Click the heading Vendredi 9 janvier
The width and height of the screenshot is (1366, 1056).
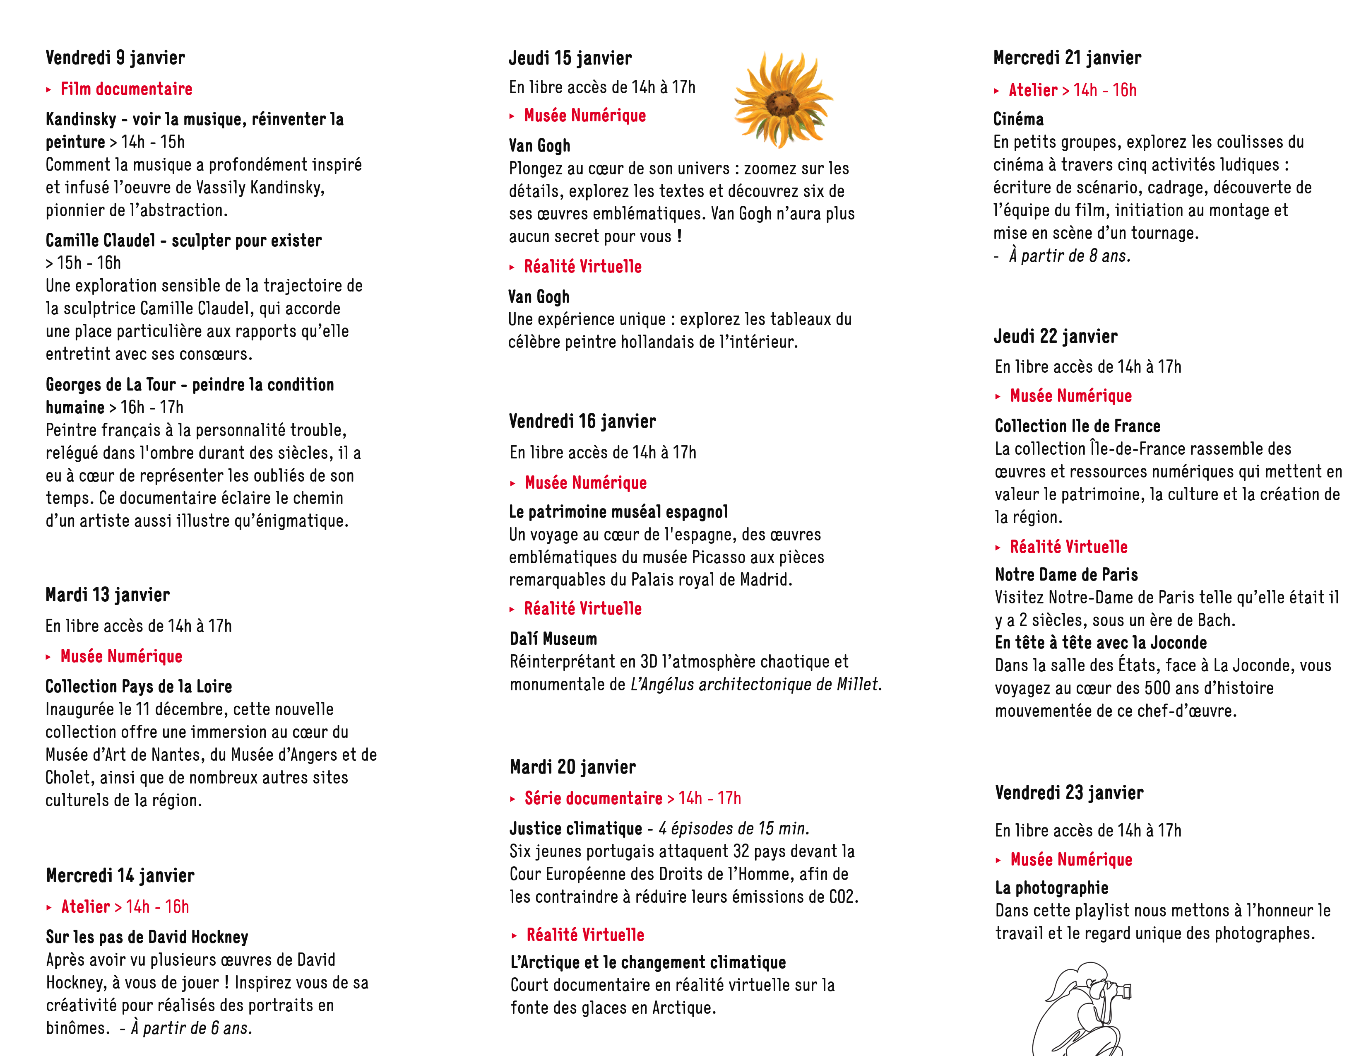click(115, 58)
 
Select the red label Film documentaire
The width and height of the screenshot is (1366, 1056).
click(126, 89)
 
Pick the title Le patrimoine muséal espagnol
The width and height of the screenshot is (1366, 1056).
click(618, 512)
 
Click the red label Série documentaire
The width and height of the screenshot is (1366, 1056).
click(593, 799)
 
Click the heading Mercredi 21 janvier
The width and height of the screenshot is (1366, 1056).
click(1067, 58)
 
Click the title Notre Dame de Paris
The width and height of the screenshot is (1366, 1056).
click(1066, 575)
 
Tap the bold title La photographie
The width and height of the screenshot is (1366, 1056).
click(1051, 888)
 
